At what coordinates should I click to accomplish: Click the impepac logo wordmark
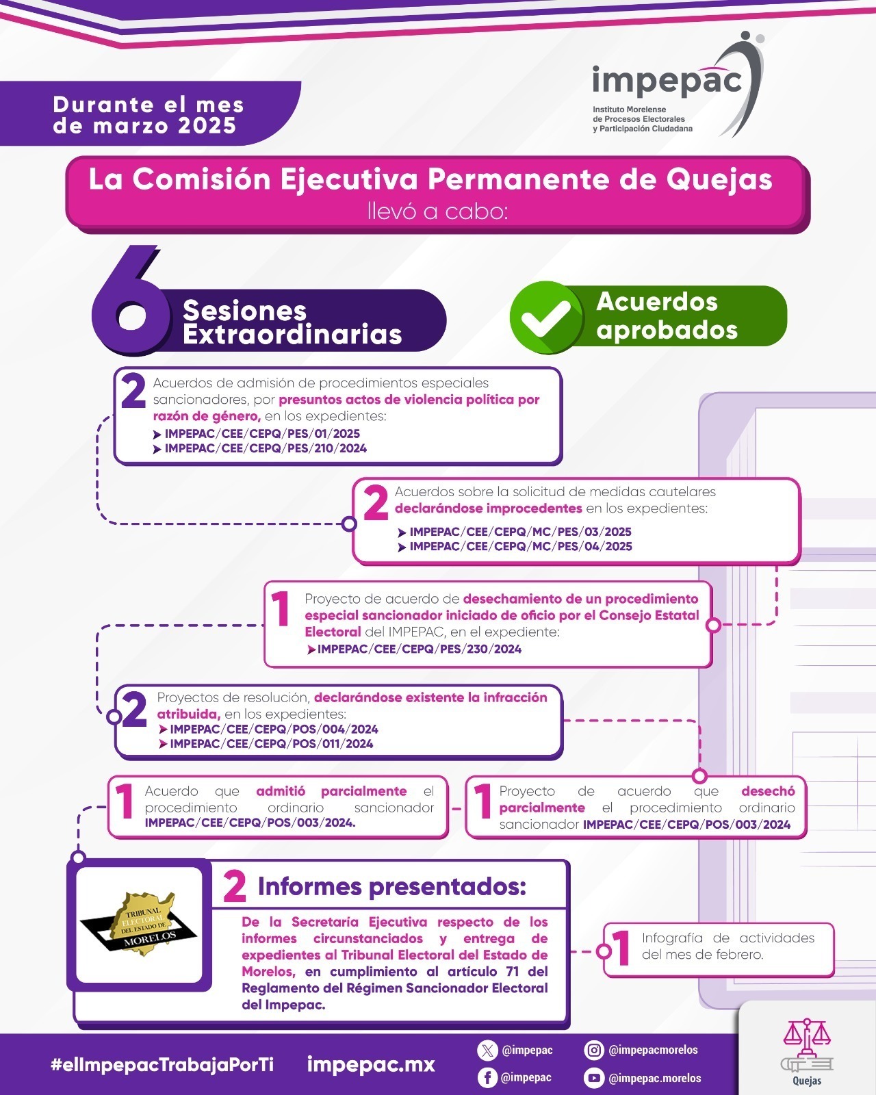pyautogui.click(x=667, y=81)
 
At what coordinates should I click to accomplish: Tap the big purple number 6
pyautogui.click(x=131, y=300)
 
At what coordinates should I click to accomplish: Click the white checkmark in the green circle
pyautogui.click(x=546, y=318)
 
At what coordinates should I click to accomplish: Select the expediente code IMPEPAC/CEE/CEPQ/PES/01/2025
pyautogui.click(x=262, y=433)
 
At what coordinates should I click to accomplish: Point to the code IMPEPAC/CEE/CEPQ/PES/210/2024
pyautogui.click(x=266, y=448)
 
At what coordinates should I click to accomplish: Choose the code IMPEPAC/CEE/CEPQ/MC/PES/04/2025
pyautogui.click(x=521, y=547)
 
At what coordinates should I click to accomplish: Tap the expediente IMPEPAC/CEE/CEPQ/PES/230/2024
pyautogui.click(x=420, y=649)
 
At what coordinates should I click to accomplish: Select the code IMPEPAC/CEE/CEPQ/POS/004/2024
pyautogui.click(x=274, y=729)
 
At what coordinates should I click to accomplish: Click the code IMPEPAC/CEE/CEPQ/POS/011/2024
pyautogui.click(x=271, y=744)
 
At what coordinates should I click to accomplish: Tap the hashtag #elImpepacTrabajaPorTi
pyautogui.click(x=162, y=1064)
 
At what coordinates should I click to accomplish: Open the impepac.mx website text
pyautogui.click(x=371, y=1064)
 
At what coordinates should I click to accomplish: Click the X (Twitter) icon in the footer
pyautogui.click(x=487, y=1051)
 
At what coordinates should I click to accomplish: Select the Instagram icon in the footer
pyautogui.click(x=593, y=1051)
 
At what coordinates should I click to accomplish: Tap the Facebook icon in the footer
pyautogui.click(x=487, y=1078)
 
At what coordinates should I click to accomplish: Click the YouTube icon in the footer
pyautogui.click(x=593, y=1078)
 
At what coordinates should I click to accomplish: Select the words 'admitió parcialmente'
pyautogui.click(x=331, y=791)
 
